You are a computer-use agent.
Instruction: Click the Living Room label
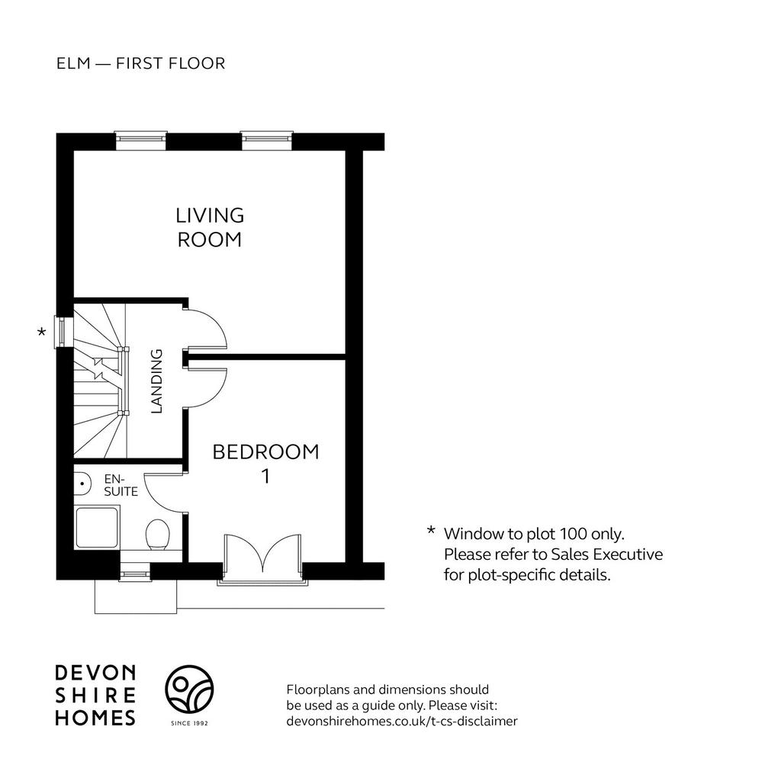click(x=210, y=227)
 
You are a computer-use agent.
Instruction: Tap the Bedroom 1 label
click(x=265, y=464)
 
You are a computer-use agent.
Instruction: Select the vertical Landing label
click(x=156, y=381)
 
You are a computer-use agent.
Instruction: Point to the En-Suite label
click(x=121, y=485)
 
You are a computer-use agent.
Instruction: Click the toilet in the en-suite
click(x=157, y=535)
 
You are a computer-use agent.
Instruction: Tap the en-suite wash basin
click(x=82, y=484)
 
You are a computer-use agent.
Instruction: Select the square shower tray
click(x=97, y=528)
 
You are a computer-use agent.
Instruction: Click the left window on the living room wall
click(x=140, y=140)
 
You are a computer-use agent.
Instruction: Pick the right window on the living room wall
click(x=266, y=140)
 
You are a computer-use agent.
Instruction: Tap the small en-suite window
click(x=135, y=572)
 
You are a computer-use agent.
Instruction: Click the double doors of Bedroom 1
click(x=262, y=557)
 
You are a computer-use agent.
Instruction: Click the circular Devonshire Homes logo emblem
click(x=189, y=689)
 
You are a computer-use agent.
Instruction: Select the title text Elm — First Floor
click(x=141, y=63)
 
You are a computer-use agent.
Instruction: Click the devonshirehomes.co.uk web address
click(x=402, y=721)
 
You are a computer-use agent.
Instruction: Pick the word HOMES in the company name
click(x=95, y=718)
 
